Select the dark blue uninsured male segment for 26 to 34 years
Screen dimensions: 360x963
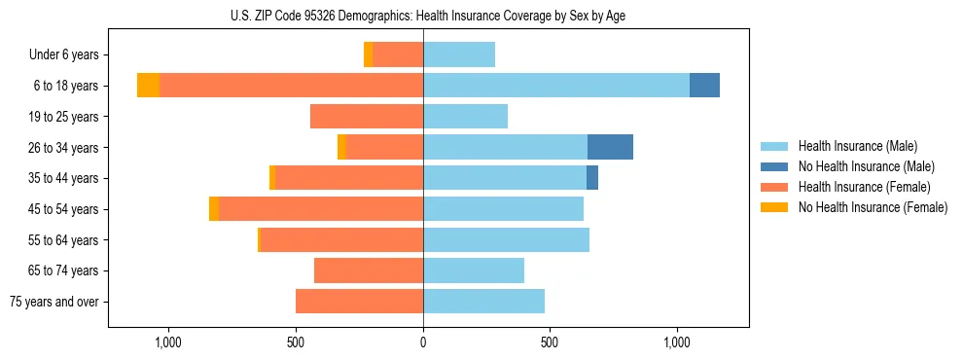point(610,147)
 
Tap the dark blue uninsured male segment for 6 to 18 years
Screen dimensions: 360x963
point(704,86)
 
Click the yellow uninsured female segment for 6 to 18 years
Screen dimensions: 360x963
point(148,86)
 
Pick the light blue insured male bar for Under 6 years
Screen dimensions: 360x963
point(459,54)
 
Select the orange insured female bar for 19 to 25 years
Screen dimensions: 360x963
point(367,117)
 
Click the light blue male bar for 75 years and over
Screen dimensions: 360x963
point(483,302)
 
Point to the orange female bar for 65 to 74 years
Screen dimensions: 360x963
point(369,270)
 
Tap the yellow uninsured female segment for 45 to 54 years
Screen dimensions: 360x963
point(214,209)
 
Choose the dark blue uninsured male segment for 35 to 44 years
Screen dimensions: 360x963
point(592,178)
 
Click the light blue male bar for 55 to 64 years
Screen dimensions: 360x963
point(506,239)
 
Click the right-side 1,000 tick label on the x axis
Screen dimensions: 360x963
point(677,342)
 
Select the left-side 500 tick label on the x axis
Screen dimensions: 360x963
point(297,342)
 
